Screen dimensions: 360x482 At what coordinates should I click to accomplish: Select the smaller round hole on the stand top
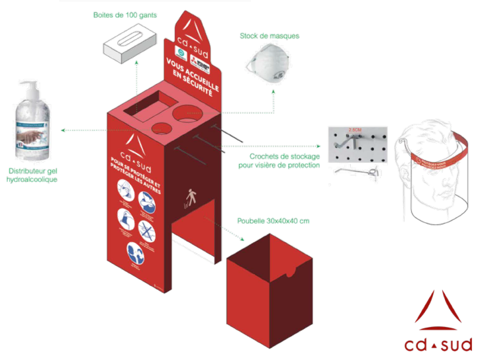coord(160,127)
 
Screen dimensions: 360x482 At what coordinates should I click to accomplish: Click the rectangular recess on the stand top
coord(148,106)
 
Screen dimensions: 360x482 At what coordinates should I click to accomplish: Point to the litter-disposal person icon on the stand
coord(191,196)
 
